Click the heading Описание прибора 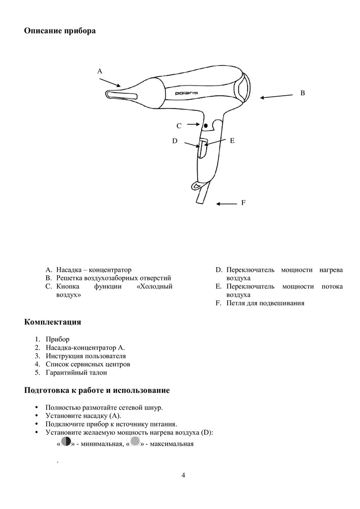click(x=60, y=31)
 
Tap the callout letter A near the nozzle click(x=100, y=72)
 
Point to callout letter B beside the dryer click(x=302, y=93)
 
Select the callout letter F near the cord click(x=243, y=203)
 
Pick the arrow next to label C click(x=193, y=124)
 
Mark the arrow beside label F click(x=226, y=204)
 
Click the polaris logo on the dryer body click(x=187, y=93)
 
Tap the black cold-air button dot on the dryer click(x=205, y=125)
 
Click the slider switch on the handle click(x=202, y=147)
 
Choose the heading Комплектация click(x=52, y=322)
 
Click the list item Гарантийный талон click(x=76, y=373)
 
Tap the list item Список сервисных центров click(x=88, y=364)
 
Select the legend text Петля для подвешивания click(x=265, y=303)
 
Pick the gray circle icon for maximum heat click(x=135, y=442)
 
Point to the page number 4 click(x=183, y=475)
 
